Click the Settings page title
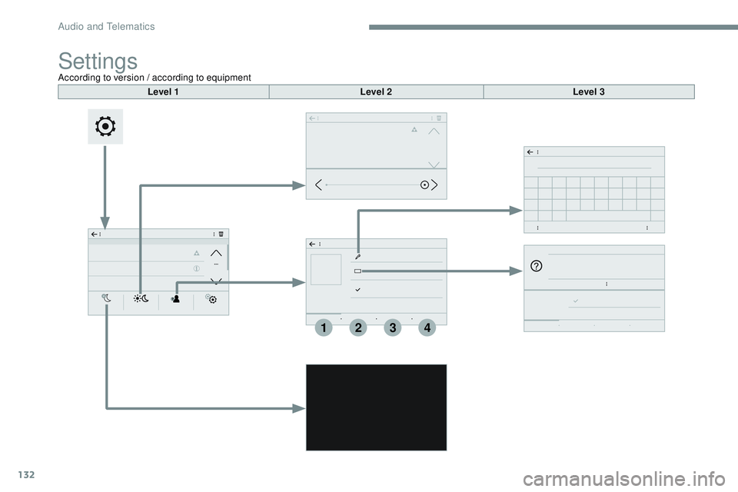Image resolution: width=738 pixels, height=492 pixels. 98,61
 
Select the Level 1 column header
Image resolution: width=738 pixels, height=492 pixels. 163,91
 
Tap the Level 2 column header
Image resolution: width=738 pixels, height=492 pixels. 376,91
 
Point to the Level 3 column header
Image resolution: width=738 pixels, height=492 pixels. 589,91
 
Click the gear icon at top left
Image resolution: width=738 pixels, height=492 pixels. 105,127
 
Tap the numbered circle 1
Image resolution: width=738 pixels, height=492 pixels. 324,327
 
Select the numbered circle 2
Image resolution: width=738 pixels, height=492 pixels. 358,327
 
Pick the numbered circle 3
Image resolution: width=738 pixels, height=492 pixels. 393,327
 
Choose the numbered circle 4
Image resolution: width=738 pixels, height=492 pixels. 427,327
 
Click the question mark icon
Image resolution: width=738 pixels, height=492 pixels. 536,266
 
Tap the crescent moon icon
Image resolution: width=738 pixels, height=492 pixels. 107,298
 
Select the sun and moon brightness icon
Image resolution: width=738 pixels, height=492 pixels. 141,298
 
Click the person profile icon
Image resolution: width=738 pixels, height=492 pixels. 175,298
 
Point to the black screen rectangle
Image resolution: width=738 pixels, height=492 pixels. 376,407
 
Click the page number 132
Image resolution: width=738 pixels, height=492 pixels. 26,474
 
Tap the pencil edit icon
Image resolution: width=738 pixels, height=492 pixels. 357,257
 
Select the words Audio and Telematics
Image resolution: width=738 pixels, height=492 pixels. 106,26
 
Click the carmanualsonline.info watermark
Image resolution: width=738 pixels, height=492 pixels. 623,480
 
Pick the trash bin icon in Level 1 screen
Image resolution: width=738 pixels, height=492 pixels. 221,234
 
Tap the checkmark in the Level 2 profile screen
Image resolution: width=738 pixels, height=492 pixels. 357,290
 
